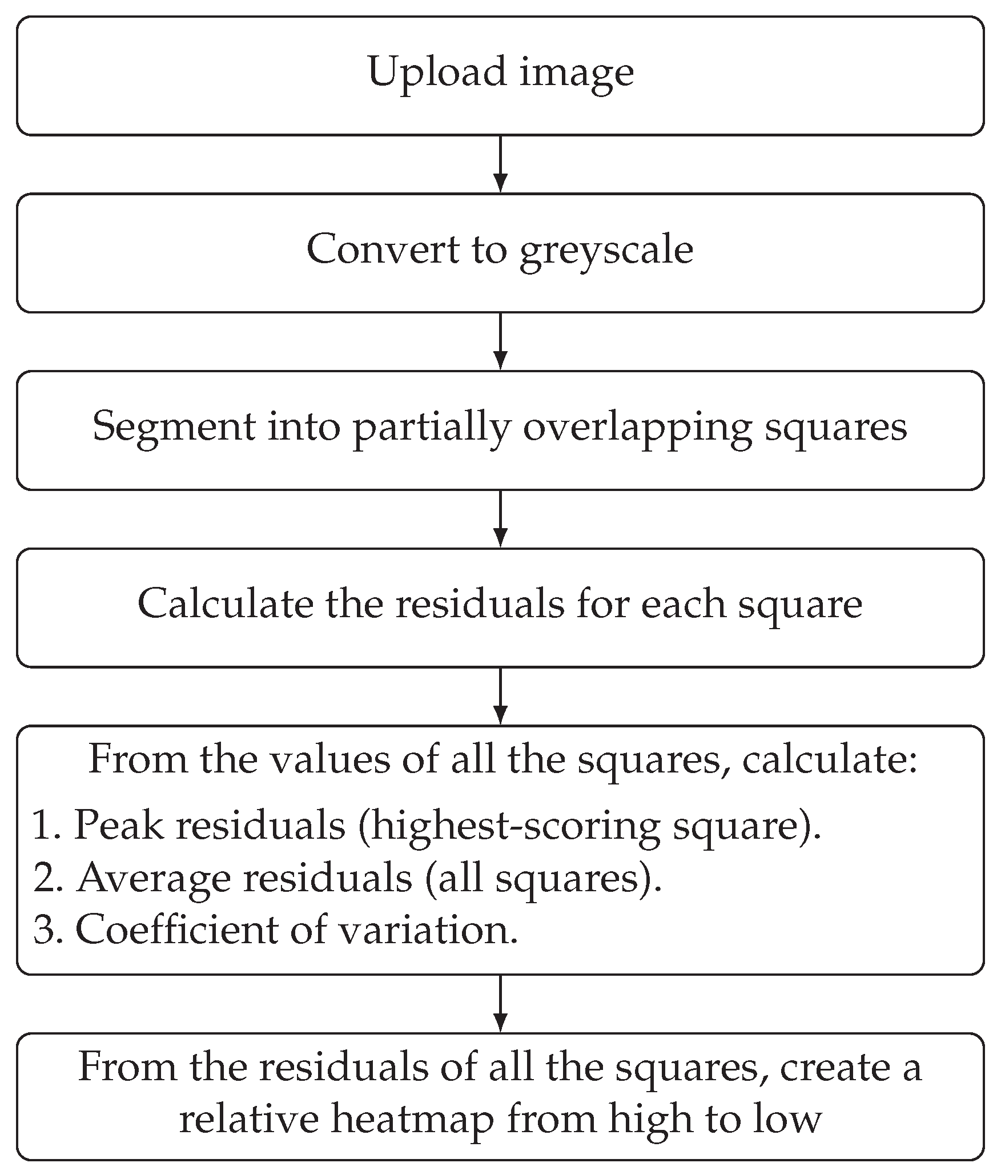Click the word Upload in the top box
[x=437, y=73]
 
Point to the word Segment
[x=174, y=428]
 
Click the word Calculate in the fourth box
[x=225, y=603]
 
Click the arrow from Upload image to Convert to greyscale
[x=500, y=164]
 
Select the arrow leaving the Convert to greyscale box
[x=500, y=341]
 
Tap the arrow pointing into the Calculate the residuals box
[x=500, y=519]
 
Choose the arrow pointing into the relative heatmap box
[x=500, y=1004]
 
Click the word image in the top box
[x=577, y=73]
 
